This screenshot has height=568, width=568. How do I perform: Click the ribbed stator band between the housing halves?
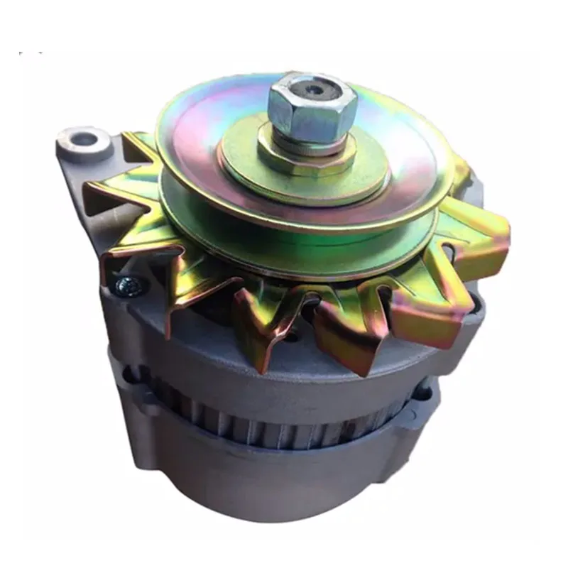coord(284,426)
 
